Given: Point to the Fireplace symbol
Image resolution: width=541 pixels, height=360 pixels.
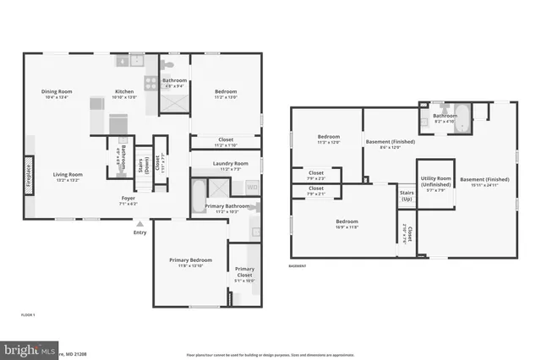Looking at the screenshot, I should [x=30, y=176].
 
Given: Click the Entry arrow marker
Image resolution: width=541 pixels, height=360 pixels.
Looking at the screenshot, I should [x=139, y=225].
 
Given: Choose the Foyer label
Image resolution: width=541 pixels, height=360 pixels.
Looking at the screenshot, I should [x=128, y=199].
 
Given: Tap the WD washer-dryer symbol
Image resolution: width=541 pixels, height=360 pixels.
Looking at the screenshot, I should [x=252, y=187].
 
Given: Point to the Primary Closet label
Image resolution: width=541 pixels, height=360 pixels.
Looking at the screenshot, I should [x=243, y=271].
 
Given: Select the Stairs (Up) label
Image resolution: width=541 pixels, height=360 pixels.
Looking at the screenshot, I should [x=407, y=195].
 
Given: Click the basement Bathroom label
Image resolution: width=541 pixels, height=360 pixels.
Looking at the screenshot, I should [x=445, y=116].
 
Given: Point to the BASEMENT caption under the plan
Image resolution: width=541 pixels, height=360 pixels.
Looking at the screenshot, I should [x=297, y=265].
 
